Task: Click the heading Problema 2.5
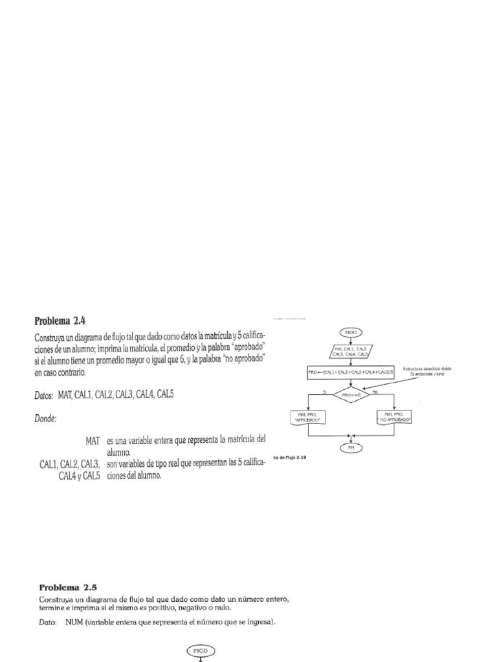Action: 72,588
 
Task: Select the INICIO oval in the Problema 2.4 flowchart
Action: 351,333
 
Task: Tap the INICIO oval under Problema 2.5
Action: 201,650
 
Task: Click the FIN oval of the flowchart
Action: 352,447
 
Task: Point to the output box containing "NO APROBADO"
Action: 394,418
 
